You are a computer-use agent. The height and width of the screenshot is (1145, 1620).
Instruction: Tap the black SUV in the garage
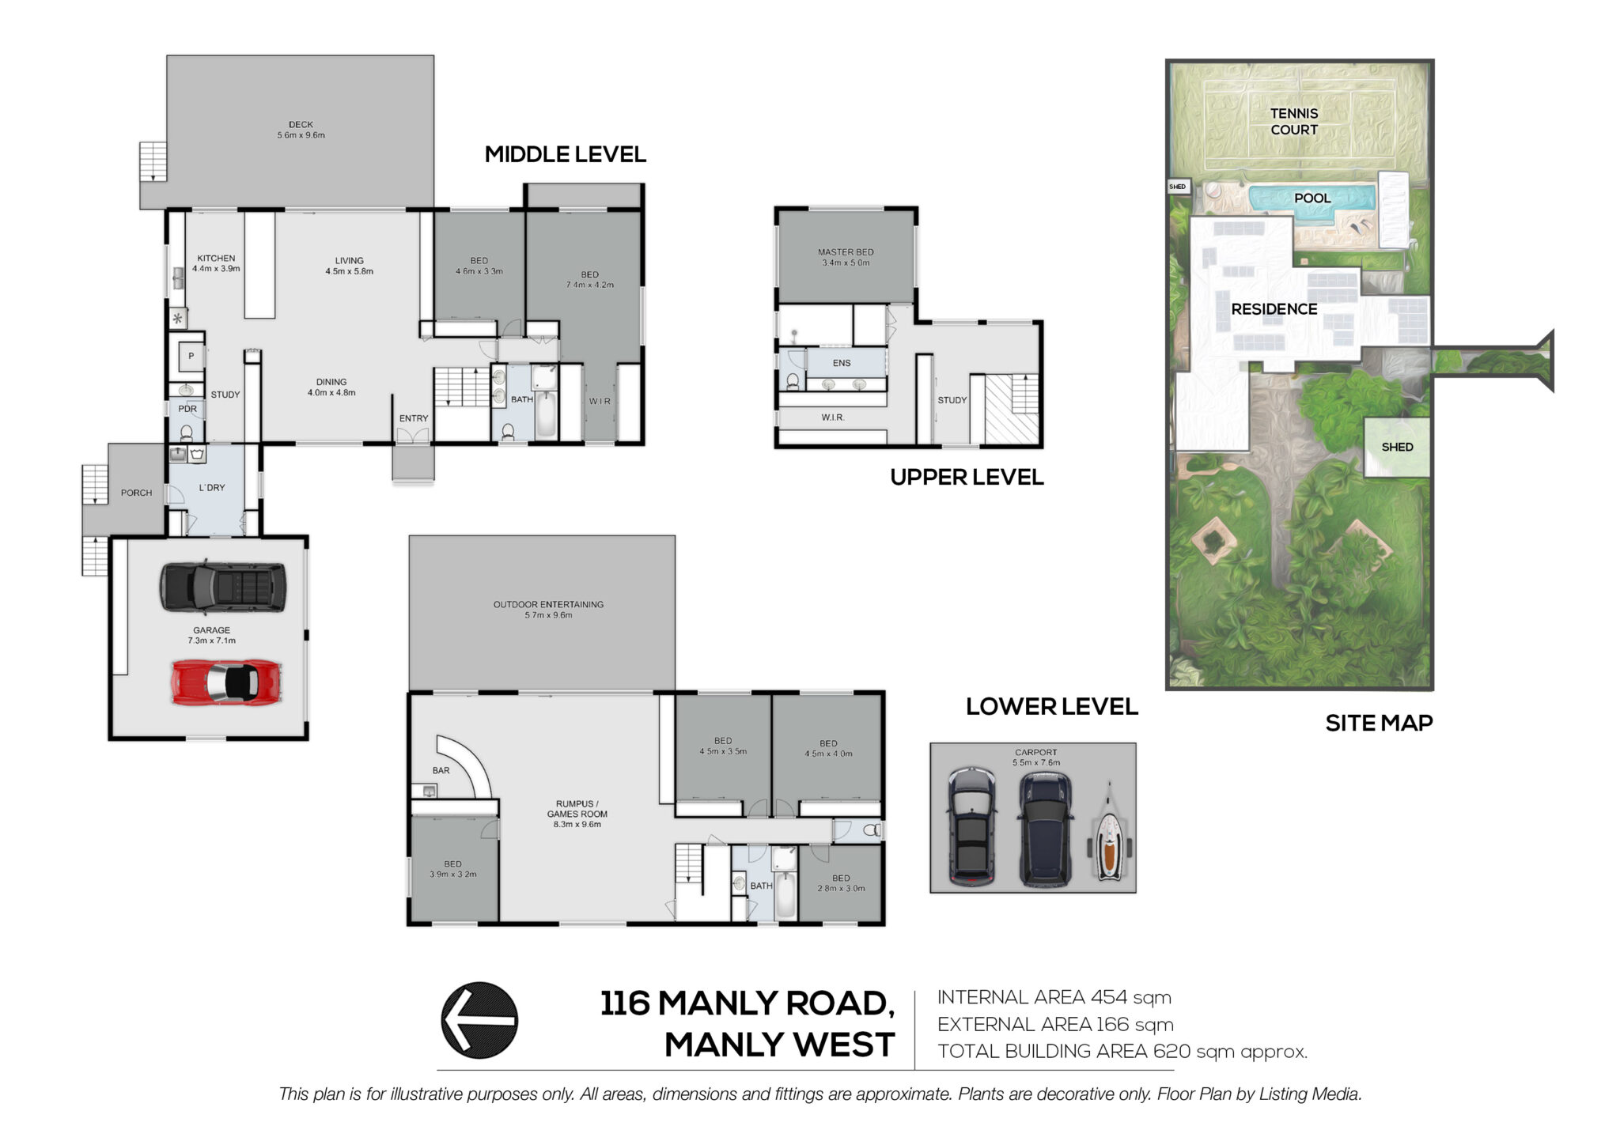[x=223, y=587]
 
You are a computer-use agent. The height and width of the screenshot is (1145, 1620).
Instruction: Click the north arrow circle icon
[x=479, y=1020]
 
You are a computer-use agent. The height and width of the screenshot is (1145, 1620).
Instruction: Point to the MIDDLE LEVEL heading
[x=565, y=154]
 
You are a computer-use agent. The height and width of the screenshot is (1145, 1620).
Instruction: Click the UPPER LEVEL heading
[x=967, y=477]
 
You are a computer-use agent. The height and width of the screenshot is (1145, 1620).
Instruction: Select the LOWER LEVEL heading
[x=1051, y=706]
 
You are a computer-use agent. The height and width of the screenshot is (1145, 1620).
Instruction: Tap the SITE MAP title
[x=1379, y=723]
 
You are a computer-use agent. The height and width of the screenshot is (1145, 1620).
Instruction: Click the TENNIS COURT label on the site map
[x=1294, y=122]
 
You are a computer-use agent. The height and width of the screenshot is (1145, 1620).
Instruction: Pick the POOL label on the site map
[x=1312, y=198]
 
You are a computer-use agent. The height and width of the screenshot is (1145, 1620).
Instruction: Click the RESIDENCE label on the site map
[x=1274, y=309]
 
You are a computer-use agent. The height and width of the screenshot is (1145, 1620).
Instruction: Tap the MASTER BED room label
[x=846, y=252]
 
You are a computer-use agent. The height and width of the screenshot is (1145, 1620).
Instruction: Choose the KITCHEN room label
[x=216, y=258]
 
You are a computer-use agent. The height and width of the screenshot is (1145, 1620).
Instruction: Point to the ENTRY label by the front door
[x=414, y=418]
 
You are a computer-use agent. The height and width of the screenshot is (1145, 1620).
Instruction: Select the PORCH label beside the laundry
[x=136, y=493]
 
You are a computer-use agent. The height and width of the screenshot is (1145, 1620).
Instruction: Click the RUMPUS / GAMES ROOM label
[x=577, y=809]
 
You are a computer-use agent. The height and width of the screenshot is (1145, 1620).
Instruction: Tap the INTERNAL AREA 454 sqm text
[x=1054, y=997]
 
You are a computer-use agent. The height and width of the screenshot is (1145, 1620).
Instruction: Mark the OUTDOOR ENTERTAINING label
[x=548, y=604]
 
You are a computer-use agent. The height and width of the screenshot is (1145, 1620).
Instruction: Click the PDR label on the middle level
[x=187, y=409]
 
